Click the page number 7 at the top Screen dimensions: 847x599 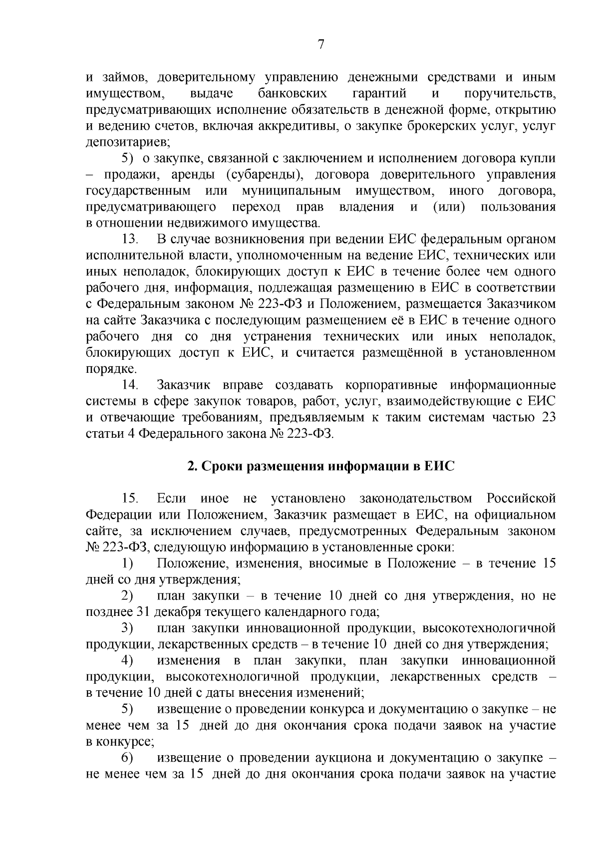click(321, 44)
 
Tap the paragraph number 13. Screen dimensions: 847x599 click(129, 239)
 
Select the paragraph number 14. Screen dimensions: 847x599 click(129, 385)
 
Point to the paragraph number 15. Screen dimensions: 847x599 click(129, 499)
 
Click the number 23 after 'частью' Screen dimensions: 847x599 click(548, 417)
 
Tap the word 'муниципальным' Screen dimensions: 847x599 click(291, 191)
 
